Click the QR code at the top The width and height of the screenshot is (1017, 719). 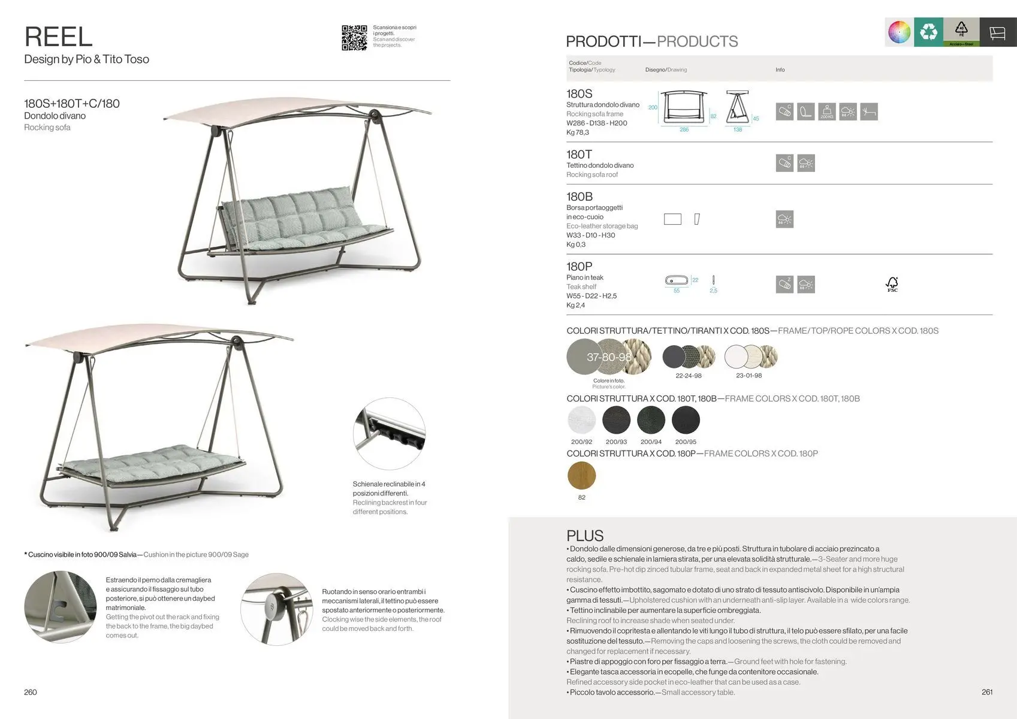[354, 38]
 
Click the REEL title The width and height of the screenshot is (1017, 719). [59, 37]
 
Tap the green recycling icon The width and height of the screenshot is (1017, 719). [928, 32]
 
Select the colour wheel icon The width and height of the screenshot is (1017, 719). [899, 32]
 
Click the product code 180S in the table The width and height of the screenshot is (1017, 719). [579, 93]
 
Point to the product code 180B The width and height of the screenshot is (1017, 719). [579, 197]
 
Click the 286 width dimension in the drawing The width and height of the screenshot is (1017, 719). [684, 130]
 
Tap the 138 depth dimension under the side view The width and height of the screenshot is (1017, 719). [738, 130]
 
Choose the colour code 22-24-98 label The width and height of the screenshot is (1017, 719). [688, 376]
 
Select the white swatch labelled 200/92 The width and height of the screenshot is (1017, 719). [581, 420]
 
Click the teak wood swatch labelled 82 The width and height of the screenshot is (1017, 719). [581, 475]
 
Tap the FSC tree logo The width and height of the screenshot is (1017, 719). [892, 284]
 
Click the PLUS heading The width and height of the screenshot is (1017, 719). [585, 536]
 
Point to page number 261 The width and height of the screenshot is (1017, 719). [987, 692]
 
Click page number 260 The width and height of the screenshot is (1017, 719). [31, 692]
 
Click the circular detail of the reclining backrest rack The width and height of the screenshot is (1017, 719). [389, 434]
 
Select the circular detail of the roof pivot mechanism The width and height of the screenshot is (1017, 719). [276, 609]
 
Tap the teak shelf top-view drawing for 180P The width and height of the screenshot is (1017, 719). [678, 280]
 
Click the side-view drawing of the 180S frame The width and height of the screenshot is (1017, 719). [738, 108]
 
